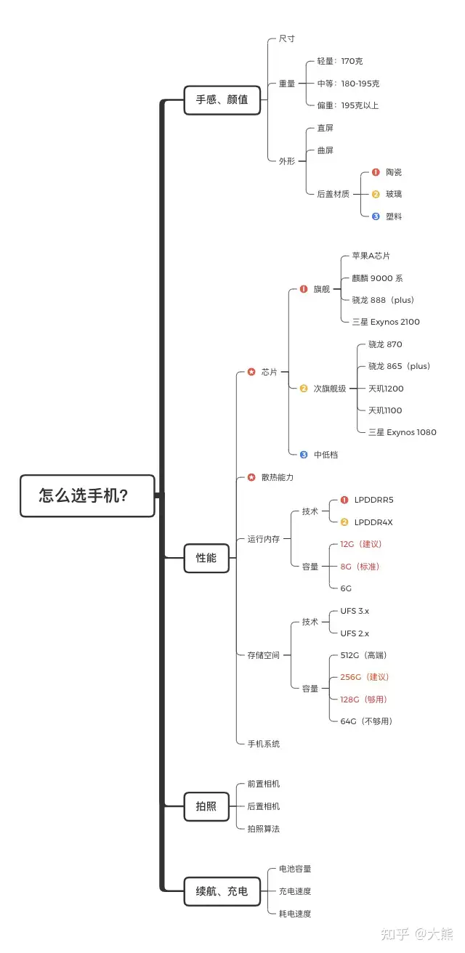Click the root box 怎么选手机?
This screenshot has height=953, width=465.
click(87, 495)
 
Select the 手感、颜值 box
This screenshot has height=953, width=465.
click(222, 100)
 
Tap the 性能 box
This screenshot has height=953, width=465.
click(206, 558)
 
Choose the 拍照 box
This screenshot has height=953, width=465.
click(206, 806)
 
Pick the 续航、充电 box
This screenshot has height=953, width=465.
click(222, 891)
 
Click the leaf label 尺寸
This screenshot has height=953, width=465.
click(287, 38)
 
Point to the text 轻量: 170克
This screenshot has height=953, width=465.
click(340, 61)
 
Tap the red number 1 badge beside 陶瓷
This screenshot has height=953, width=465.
click(376, 172)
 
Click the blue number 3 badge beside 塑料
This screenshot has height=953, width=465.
click(376, 216)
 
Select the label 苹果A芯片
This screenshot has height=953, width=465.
click(371, 256)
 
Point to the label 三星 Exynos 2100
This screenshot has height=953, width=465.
click(386, 322)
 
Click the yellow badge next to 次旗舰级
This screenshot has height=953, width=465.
click(303, 388)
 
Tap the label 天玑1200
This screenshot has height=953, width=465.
click(386, 389)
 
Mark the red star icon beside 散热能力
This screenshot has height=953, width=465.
click(251, 477)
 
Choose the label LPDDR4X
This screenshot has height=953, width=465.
click(373, 522)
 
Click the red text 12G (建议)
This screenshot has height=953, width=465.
click(361, 544)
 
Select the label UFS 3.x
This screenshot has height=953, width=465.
click(355, 611)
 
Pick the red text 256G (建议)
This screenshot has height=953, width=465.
click(365, 677)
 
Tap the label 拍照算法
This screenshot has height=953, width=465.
click(264, 828)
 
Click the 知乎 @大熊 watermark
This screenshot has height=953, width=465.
click(417, 933)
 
